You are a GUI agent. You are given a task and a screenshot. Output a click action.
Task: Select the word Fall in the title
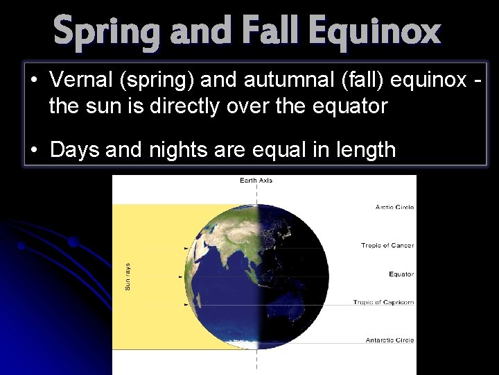(x=268, y=31)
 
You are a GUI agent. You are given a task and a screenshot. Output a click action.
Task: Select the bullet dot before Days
(x=35, y=149)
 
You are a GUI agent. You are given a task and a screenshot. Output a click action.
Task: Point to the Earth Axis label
(x=256, y=181)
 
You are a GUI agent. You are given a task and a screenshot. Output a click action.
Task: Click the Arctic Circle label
(x=394, y=207)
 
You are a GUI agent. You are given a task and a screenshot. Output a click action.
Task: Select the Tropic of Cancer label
(x=387, y=245)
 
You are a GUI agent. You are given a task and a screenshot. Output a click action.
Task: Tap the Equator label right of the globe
(x=401, y=274)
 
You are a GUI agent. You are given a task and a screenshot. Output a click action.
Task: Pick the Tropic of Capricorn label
(x=383, y=302)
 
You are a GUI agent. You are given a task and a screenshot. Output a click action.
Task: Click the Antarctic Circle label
(x=389, y=340)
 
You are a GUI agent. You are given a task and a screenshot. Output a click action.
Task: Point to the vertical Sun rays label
(x=128, y=276)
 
